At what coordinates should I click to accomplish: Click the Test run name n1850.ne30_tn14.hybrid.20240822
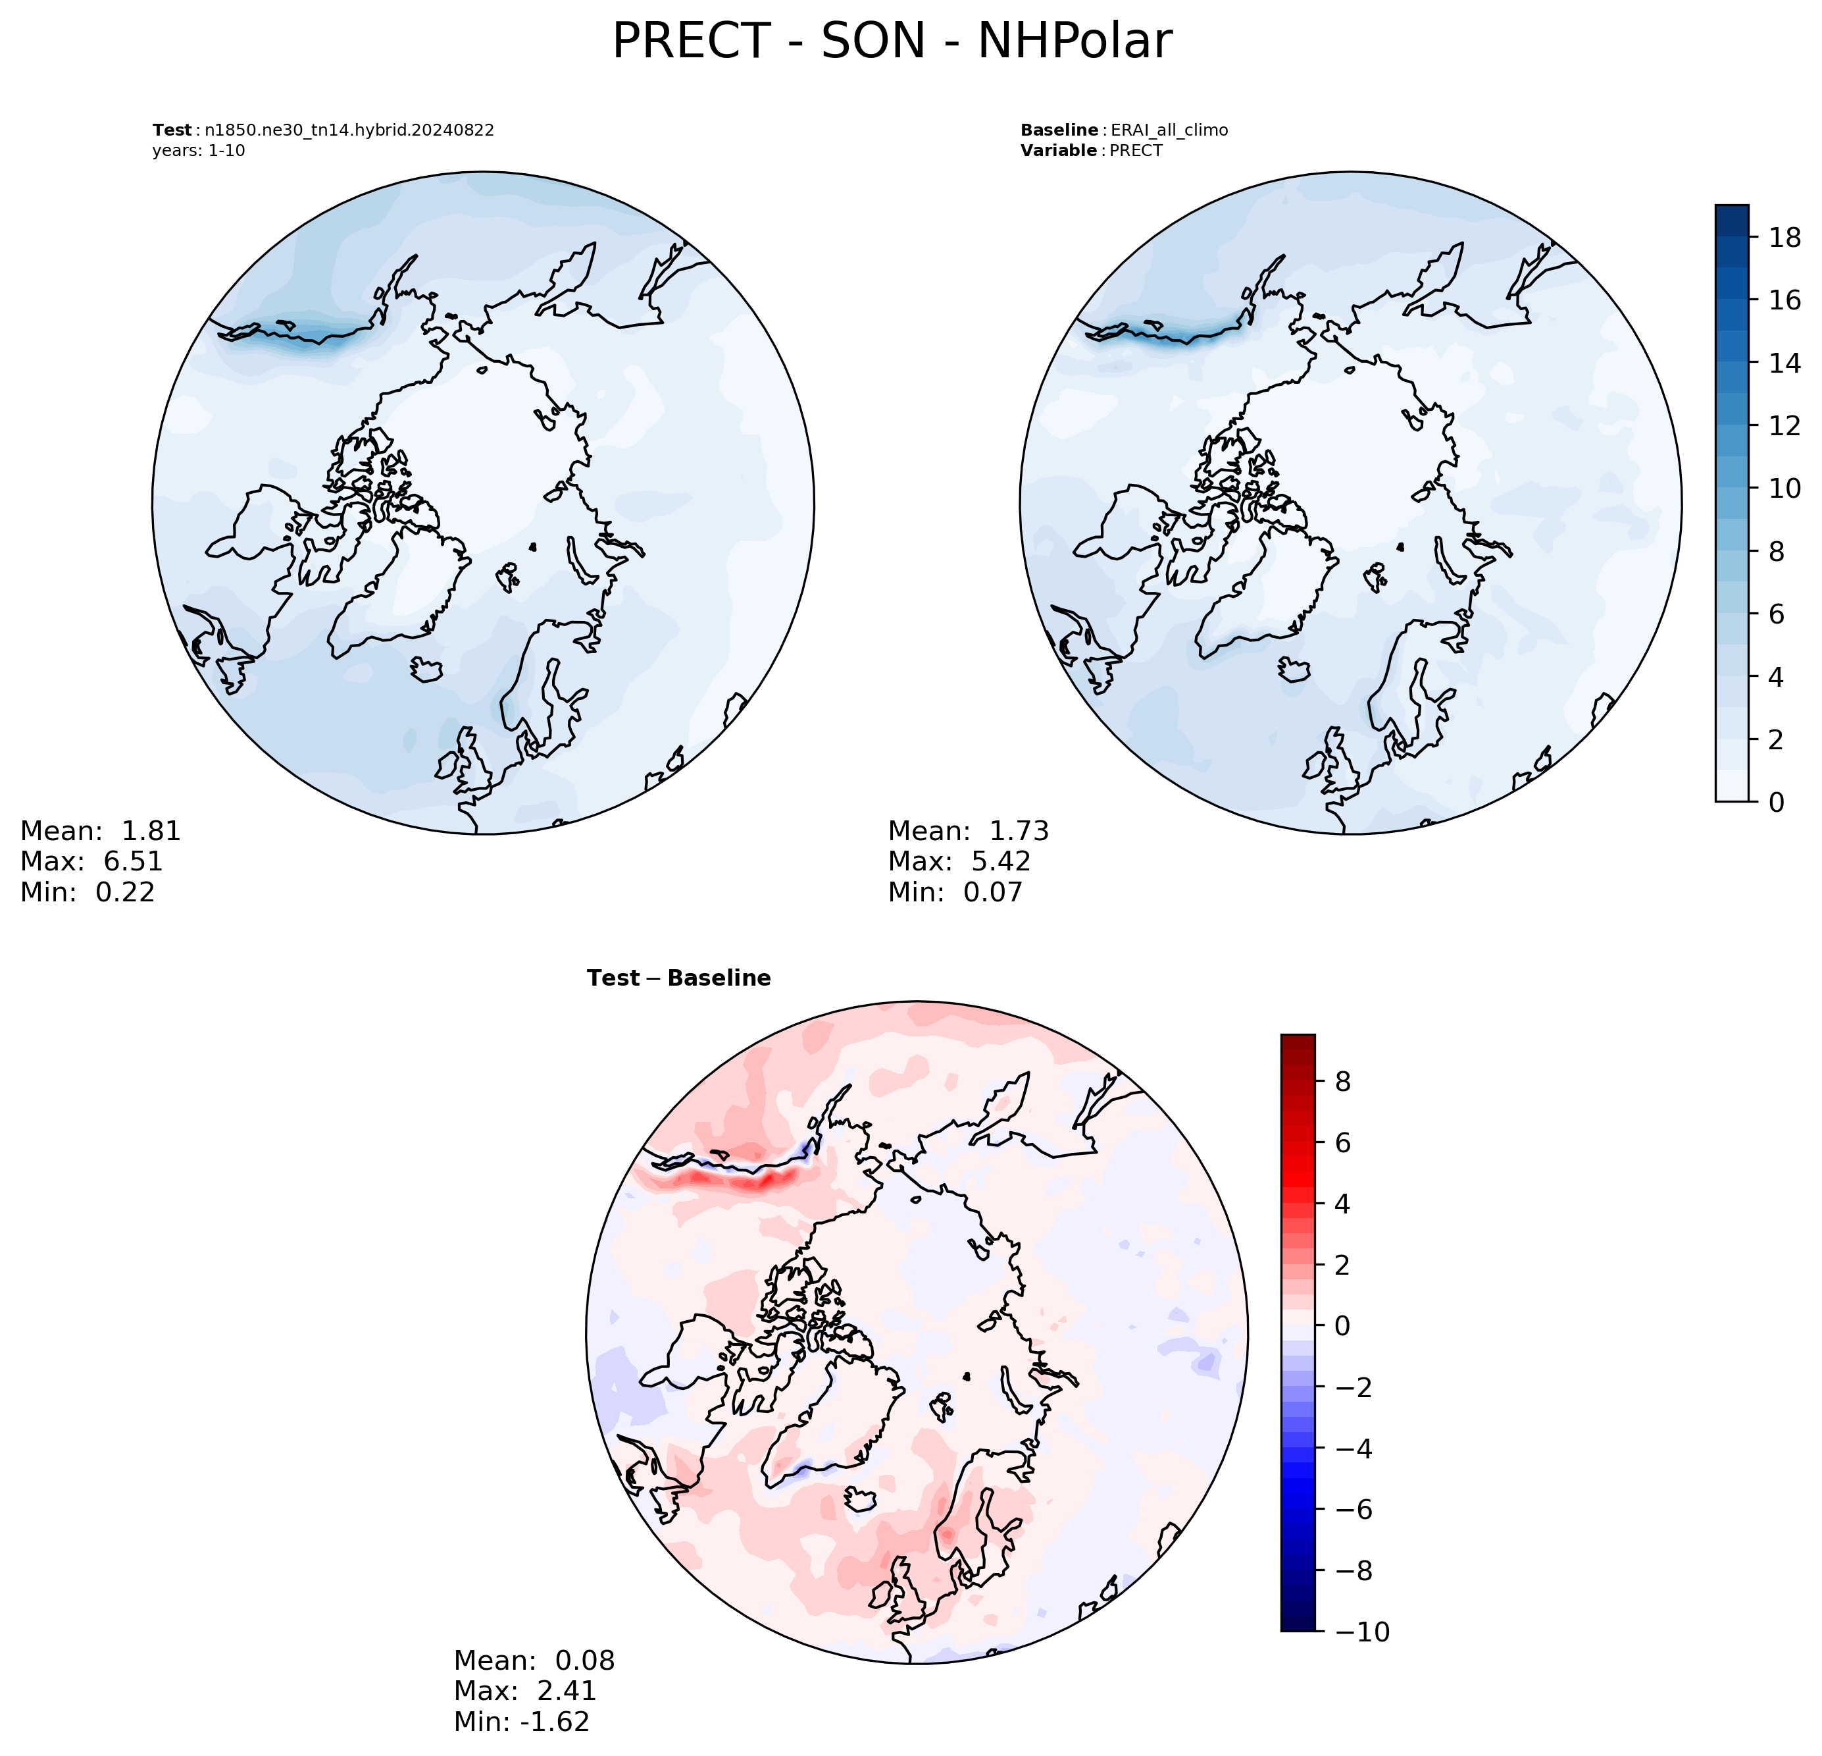pyautogui.click(x=349, y=130)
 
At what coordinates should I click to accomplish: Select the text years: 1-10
pyautogui.click(x=199, y=151)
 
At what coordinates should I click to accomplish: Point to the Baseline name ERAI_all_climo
pyautogui.click(x=1169, y=130)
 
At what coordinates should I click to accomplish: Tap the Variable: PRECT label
pyautogui.click(x=1092, y=151)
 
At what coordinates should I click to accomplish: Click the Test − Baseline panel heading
pyautogui.click(x=678, y=978)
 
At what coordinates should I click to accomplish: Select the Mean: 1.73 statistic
pyautogui.click(x=969, y=830)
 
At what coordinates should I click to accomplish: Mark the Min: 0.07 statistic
pyautogui.click(x=955, y=892)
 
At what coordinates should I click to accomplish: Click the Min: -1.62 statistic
pyautogui.click(x=522, y=1722)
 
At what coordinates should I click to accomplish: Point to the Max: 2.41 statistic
pyautogui.click(x=525, y=1691)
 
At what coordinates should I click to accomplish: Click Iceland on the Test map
pyautogui.click(x=426, y=670)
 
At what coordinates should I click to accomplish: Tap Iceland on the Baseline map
pyautogui.click(x=1294, y=670)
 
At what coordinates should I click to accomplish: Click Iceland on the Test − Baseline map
pyautogui.click(x=861, y=1499)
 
